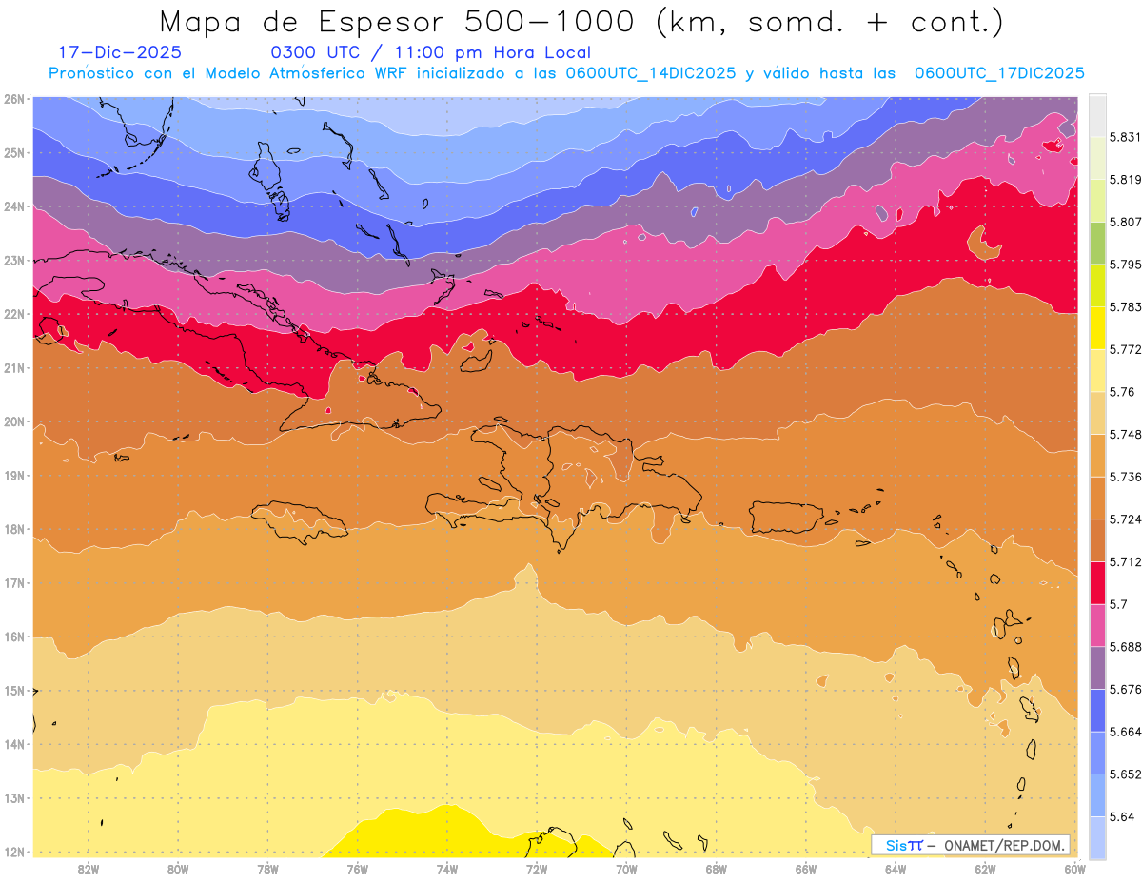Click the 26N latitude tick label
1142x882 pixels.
[13, 99]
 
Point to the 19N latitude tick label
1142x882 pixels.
[13, 476]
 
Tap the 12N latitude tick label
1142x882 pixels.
[13, 852]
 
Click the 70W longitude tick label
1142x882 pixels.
[626, 869]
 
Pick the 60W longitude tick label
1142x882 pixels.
[1074, 869]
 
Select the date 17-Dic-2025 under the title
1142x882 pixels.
[120, 53]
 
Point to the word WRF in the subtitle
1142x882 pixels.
[375, 73]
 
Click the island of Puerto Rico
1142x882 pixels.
[786, 517]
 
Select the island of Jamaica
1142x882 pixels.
[298, 521]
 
